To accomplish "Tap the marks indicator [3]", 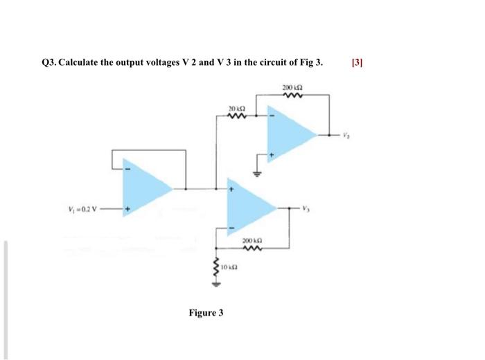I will coord(358,62).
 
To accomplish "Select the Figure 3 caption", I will coord(206,313).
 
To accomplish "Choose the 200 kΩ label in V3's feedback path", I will coord(251,240).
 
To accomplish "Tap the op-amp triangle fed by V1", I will coord(146,187).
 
